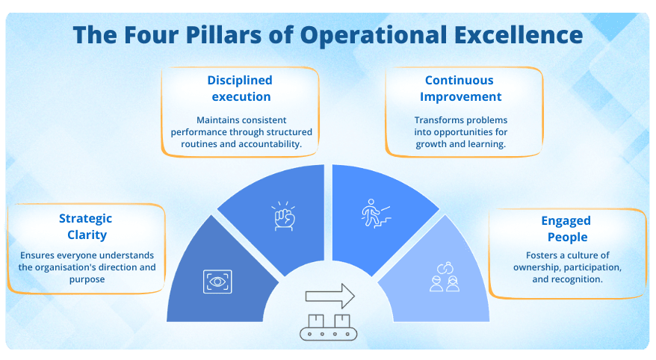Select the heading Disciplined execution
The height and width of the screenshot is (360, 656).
(241, 88)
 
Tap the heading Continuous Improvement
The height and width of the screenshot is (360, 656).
(460, 88)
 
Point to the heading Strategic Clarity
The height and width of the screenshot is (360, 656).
(85, 226)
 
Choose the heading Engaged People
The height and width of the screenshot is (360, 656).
(566, 229)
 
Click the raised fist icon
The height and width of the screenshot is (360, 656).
(283, 217)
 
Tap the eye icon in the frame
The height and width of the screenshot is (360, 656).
(217, 281)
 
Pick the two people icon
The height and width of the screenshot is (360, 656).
(445, 276)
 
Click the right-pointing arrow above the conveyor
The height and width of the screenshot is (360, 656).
(329, 295)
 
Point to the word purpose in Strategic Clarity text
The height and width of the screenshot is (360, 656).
(85, 279)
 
